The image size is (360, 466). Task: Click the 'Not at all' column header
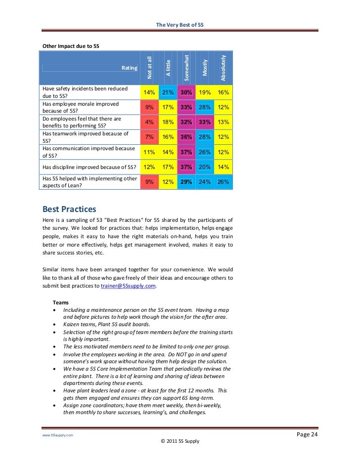149,68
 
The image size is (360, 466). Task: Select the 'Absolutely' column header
223,68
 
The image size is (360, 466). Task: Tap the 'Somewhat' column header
186,68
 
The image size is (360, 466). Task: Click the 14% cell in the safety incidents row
149,92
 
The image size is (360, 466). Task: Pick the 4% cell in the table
149,122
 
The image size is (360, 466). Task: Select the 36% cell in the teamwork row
186,137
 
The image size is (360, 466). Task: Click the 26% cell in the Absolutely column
223,182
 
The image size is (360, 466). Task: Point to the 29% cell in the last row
186,182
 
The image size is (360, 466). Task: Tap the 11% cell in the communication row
149,152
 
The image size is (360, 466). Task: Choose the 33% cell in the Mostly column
204,122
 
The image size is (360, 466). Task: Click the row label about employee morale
81,107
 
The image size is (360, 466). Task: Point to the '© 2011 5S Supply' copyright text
180,441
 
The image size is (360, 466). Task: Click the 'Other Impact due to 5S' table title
71,46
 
